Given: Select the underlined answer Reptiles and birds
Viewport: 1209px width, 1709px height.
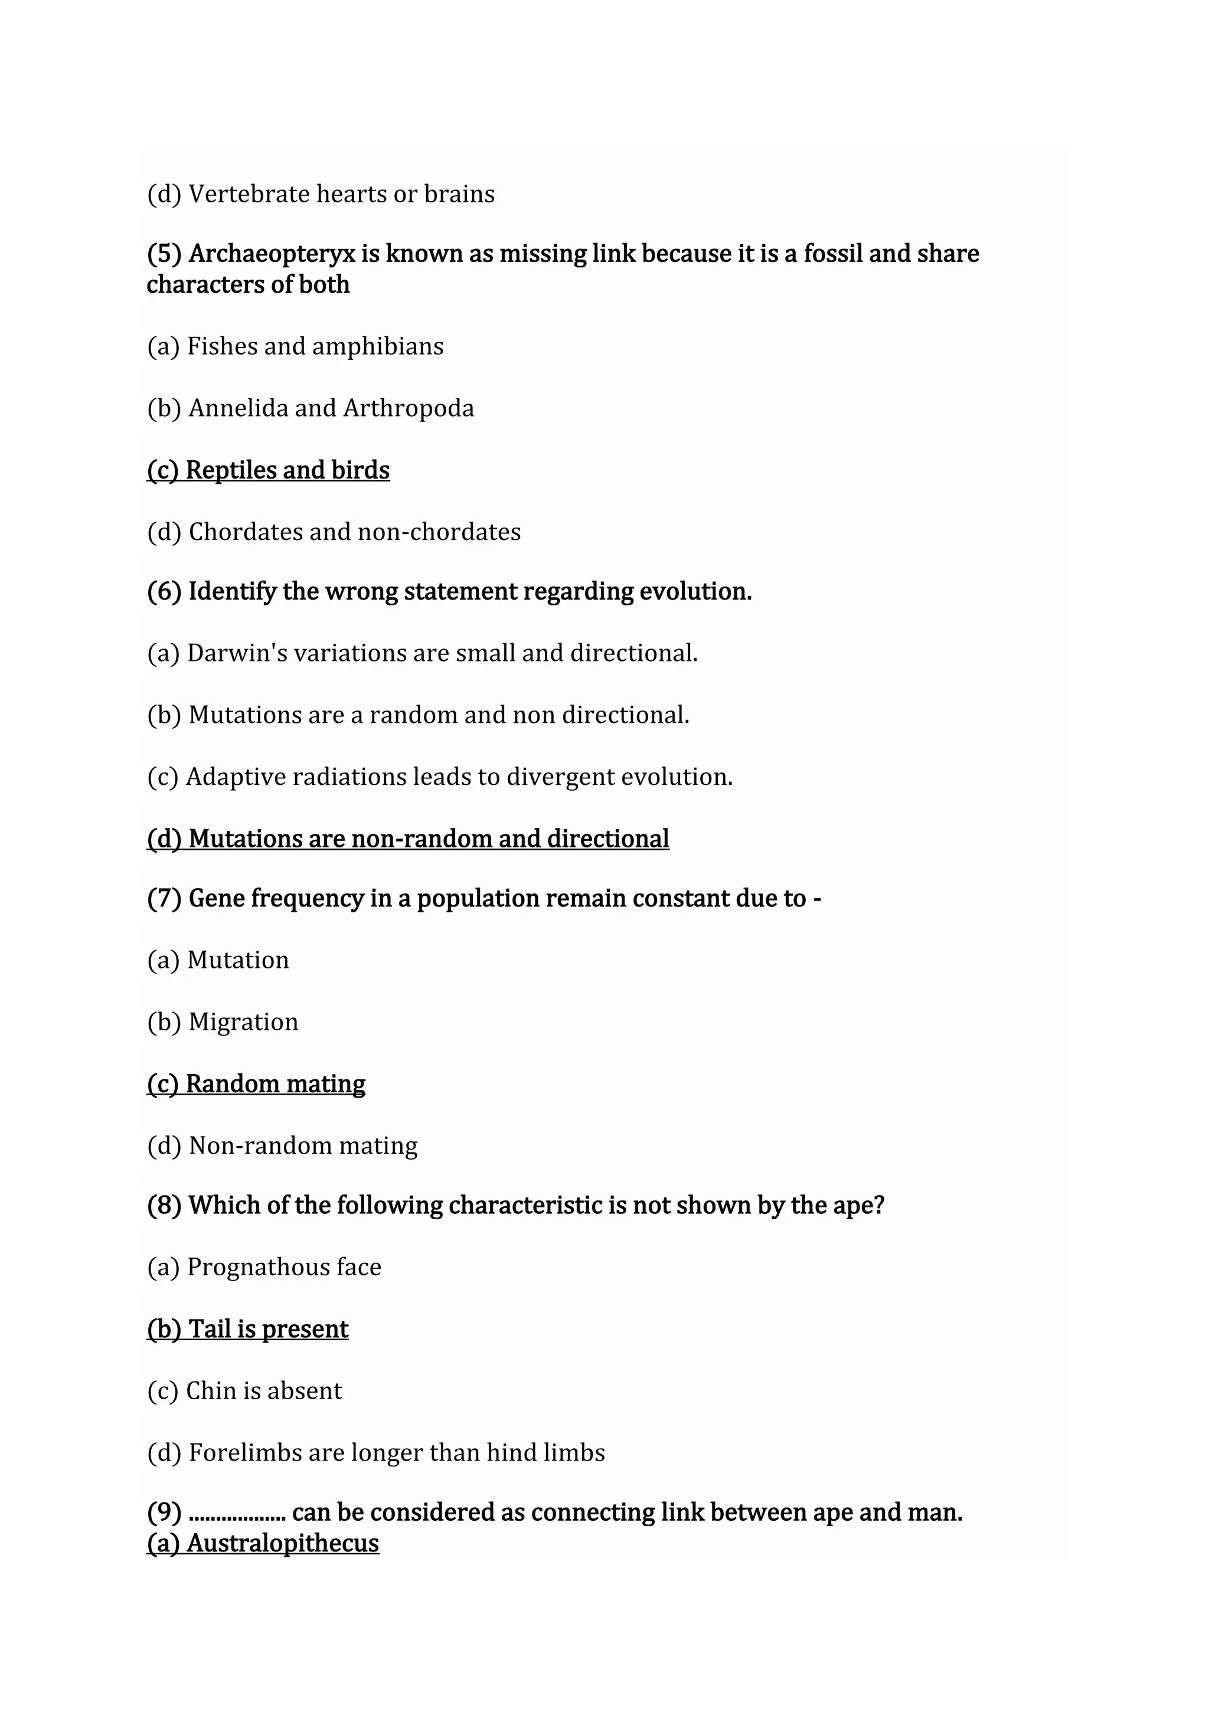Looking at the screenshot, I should click(268, 470).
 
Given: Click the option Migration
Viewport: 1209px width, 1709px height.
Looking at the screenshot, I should click(243, 1022).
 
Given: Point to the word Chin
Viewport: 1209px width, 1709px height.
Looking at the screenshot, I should click(210, 1390).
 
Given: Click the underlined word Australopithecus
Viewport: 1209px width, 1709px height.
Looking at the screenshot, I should click(283, 1543).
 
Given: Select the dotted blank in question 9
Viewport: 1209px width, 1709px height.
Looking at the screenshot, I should click(237, 1512).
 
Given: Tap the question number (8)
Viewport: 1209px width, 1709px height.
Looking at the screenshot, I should click(164, 1205).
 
